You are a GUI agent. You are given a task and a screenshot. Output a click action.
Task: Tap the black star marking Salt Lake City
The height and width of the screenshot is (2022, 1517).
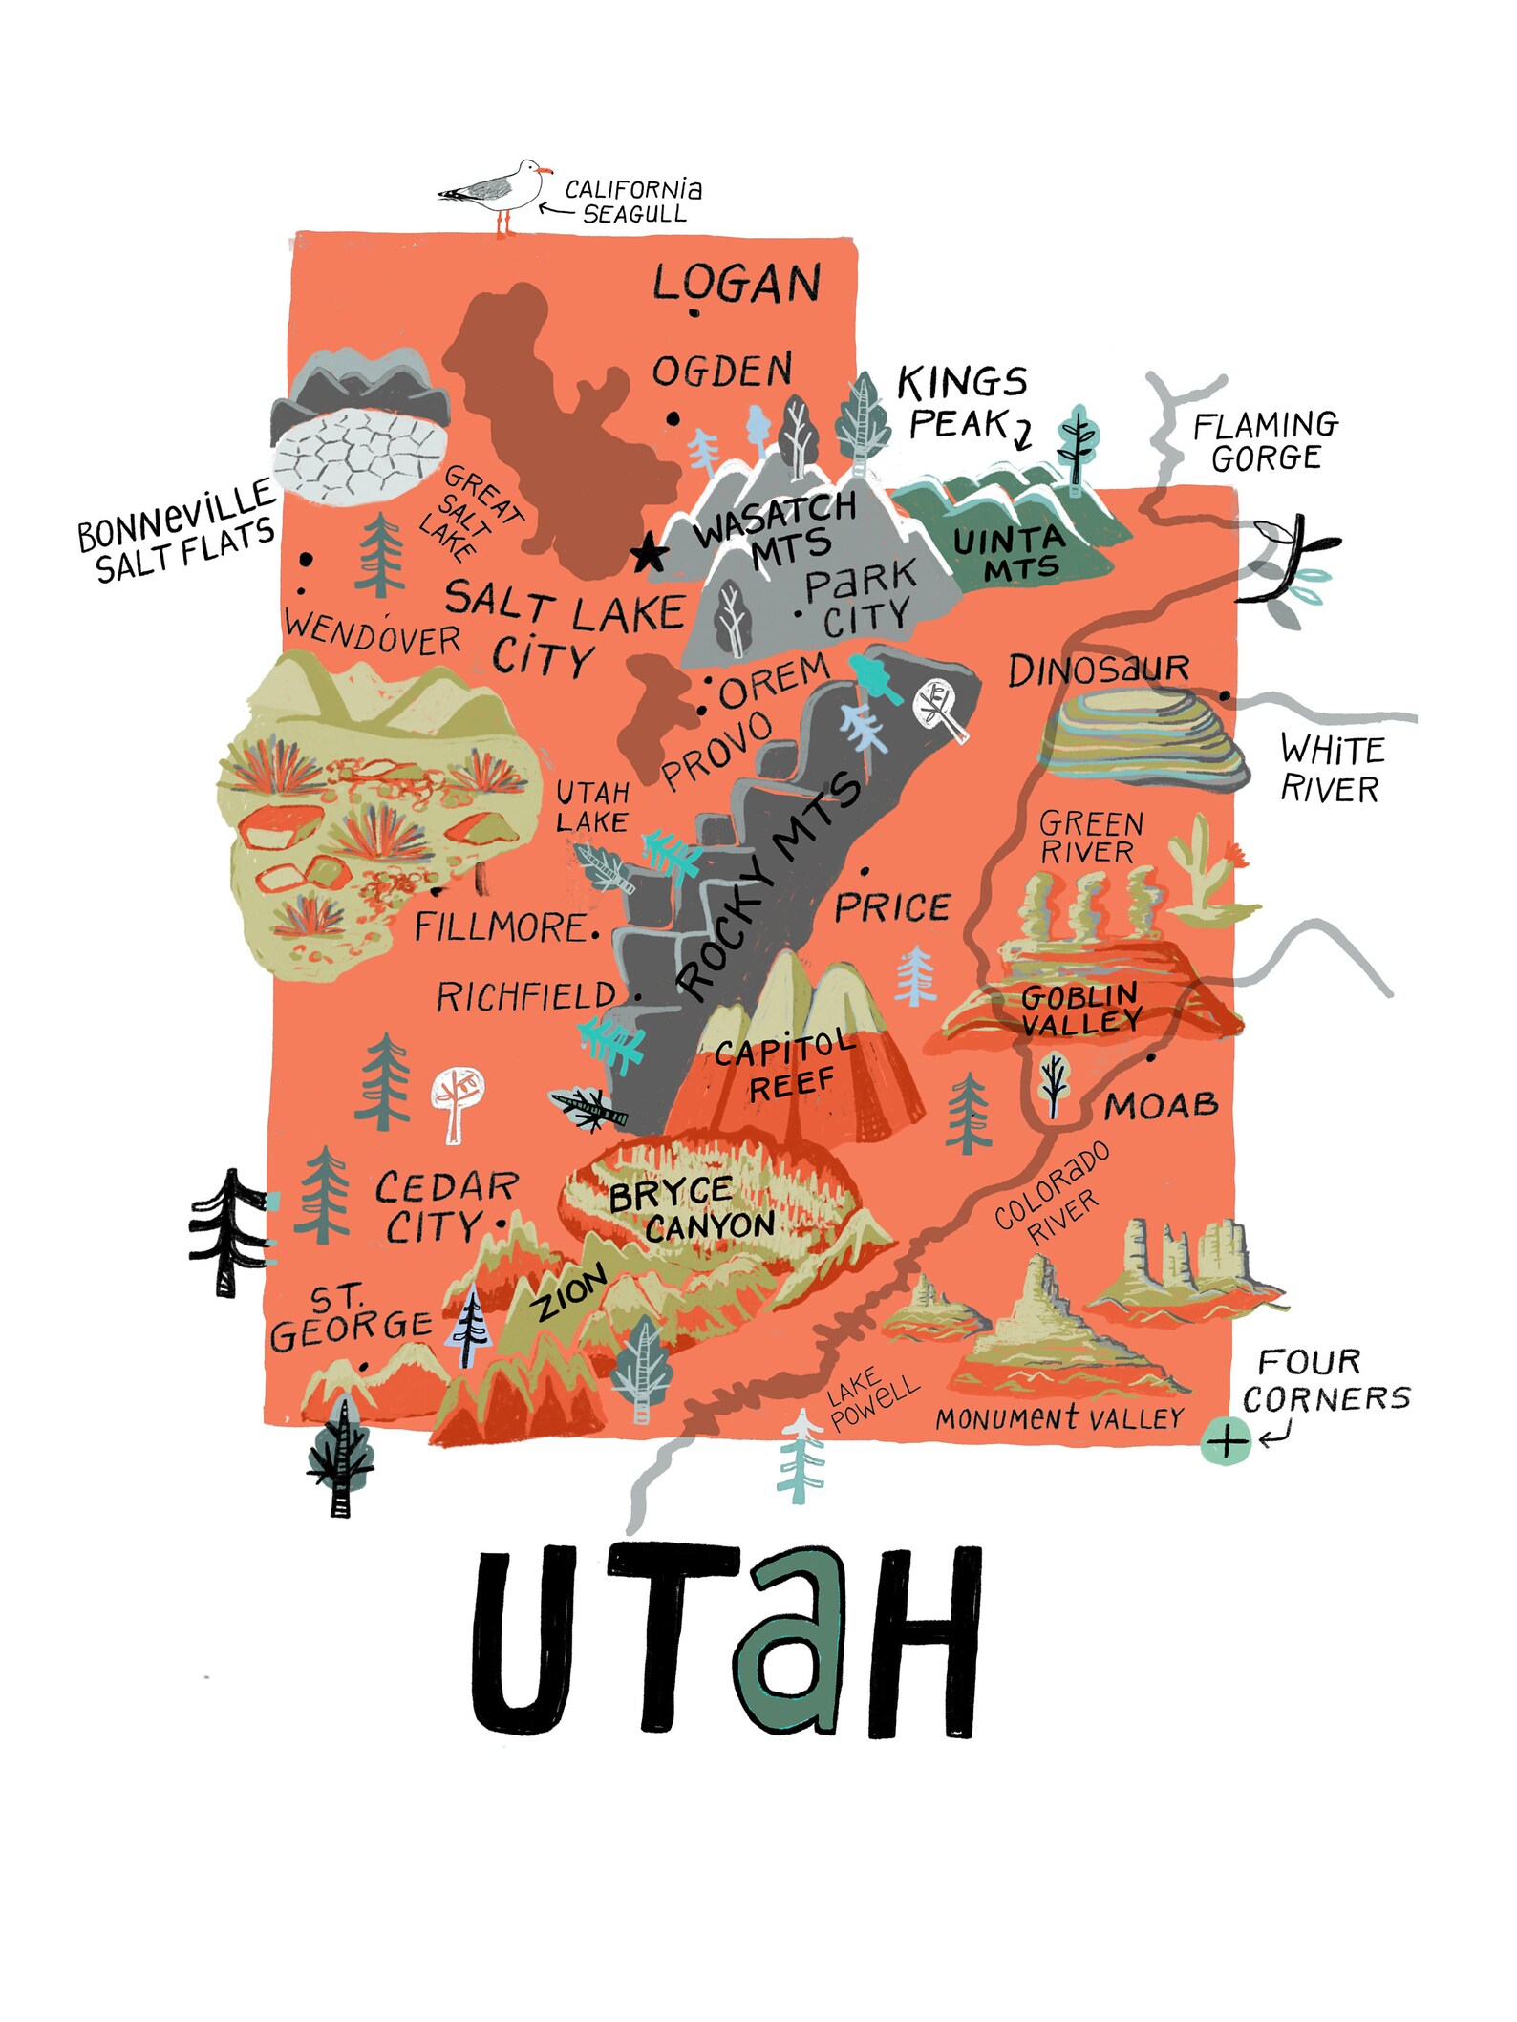click(x=650, y=553)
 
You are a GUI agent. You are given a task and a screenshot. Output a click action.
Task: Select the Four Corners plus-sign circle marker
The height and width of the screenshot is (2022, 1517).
click(x=1226, y=1440)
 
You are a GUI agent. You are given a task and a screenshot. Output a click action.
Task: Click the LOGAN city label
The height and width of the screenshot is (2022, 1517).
click(x=737, y=283)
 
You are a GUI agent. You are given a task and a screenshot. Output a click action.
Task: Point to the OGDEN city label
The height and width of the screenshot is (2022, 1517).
click(x=722, y=371)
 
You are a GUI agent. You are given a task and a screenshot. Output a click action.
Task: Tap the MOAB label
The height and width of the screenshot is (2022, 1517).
click(x=1161, y=1106)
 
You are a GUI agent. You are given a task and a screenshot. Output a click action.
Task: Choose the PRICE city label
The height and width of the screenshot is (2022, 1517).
click(x=892, y=907)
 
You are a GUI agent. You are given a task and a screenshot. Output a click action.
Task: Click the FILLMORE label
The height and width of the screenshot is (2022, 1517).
click(x=500, y=927)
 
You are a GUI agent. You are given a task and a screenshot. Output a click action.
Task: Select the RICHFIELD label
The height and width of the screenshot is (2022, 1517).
click(x=526, y=997)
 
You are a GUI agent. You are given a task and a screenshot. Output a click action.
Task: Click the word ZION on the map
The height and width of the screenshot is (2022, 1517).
click(x=570, y=1294)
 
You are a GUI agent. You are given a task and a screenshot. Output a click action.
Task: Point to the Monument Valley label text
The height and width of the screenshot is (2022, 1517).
click(x=1059, y=1419)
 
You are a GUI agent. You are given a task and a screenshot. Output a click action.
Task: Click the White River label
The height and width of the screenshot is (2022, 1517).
click(x=1332, y=769)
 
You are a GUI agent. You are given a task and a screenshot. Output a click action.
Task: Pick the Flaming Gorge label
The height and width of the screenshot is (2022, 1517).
click(x=1265, y=441)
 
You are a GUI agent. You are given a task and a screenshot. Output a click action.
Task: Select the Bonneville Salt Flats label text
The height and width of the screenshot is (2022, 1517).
click(x=178, y=531)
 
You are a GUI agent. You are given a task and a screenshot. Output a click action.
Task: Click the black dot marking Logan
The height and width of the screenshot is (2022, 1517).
click(x=694, y=312)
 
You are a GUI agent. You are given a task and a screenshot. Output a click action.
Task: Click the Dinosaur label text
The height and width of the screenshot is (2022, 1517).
click(x=1099, y=670)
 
